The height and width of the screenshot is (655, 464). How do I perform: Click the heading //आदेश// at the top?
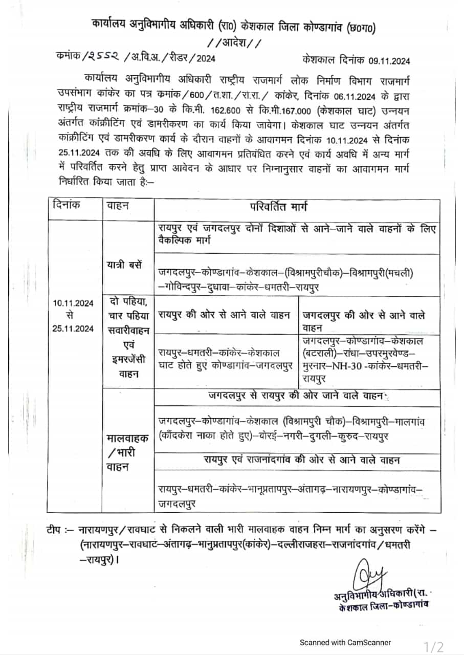click(x=233, y=43)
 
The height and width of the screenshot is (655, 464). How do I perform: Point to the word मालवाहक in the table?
click(x=127, y=439)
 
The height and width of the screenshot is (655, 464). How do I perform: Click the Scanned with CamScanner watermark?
click(x=345, y=642)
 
